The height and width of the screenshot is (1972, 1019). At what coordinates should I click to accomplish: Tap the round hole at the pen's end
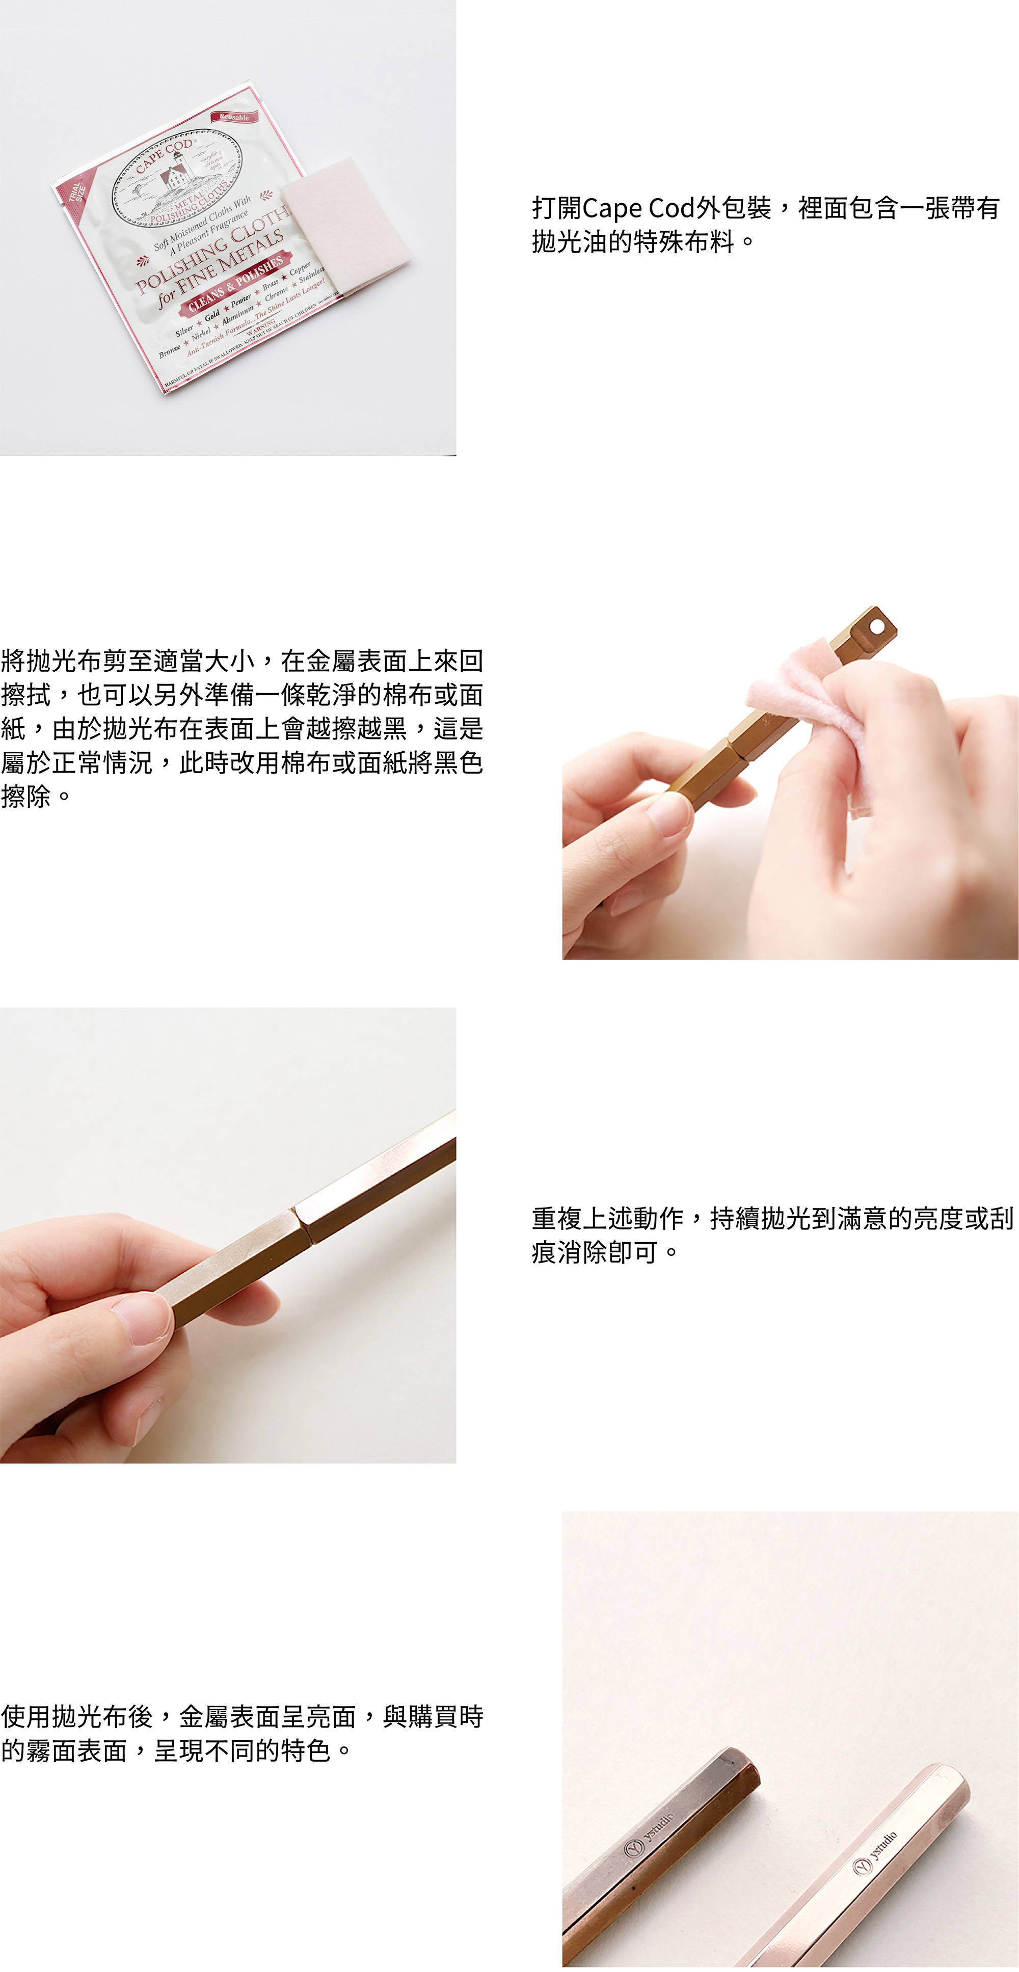[877, 627]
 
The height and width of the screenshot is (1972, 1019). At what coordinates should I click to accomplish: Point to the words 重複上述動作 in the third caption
[607, 1218]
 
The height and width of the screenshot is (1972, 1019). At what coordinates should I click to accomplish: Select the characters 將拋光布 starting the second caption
[52, 661]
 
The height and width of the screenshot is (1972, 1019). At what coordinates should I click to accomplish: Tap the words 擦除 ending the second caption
[26, 796]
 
